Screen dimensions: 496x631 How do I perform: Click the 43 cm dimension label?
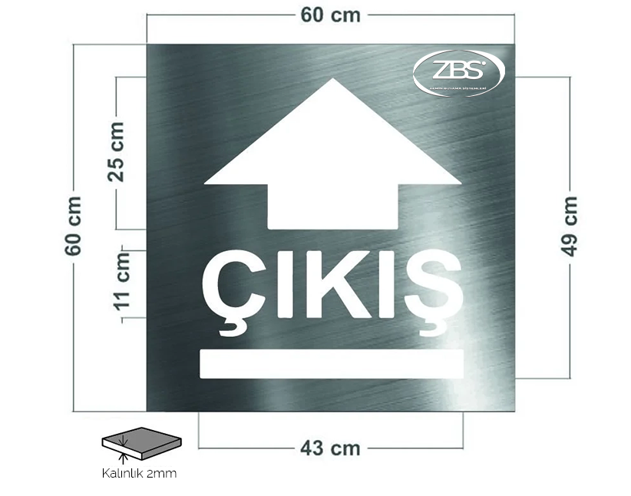331,448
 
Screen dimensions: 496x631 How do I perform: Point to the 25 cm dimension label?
116,151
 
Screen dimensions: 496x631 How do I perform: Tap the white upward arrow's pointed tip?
332,81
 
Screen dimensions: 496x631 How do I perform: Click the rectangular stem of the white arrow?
332,206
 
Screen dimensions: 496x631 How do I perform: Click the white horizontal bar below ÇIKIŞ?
332,364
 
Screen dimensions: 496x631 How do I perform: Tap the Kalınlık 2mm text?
139,473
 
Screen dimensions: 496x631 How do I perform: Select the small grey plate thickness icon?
144,444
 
